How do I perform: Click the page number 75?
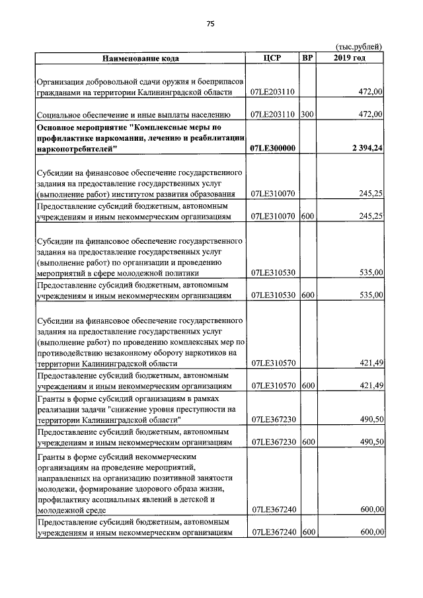211,23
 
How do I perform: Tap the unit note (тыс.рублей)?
359,46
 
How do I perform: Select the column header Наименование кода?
139,57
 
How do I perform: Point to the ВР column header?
307,57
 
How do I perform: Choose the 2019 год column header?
350,57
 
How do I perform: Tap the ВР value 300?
307,114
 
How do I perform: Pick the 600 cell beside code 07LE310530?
307,296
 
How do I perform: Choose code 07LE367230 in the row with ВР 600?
273,442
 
